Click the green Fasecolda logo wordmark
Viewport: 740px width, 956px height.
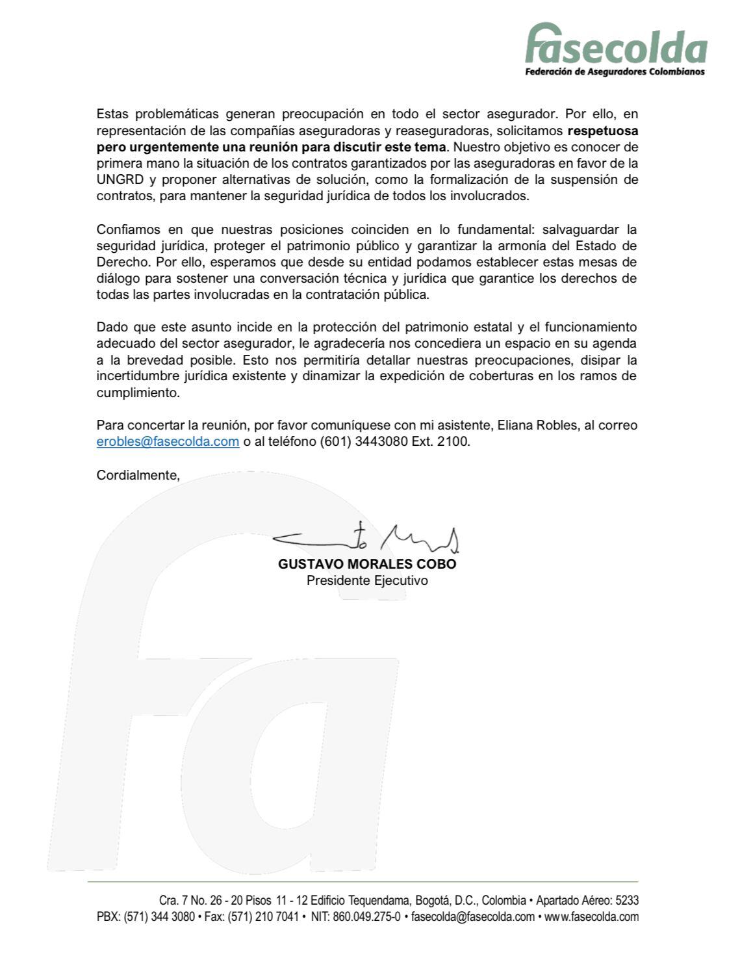615,45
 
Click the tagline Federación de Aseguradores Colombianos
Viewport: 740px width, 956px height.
615,72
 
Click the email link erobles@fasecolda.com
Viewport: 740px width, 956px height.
168,442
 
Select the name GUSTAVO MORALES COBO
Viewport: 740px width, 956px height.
367,564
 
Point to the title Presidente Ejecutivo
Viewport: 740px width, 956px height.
367,580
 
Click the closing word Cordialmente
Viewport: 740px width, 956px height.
138,475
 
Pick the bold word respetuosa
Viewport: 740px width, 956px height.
602,131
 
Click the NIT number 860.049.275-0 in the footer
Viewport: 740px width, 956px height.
366,917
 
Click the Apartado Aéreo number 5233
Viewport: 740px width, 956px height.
626,901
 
